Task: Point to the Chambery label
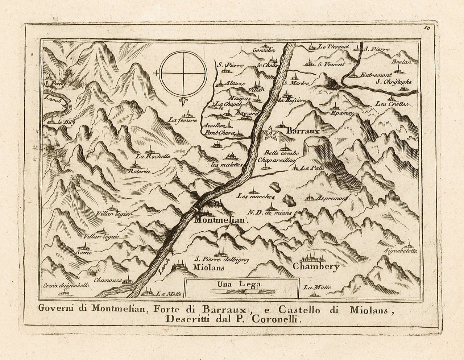pyautogui.click(x=316, y=267)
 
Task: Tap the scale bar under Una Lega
pyautogui.click(x=243, y=291)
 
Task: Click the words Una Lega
pyautogui.click(x=240, y=284)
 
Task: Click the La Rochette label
pyautogui.click(x=153, y=157)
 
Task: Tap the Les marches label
pyautogui.click(x=255, y=196)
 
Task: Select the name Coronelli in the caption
pyautogui.click(x=282, y=319)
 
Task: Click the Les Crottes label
pyautogui.click(x=391, y=104)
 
